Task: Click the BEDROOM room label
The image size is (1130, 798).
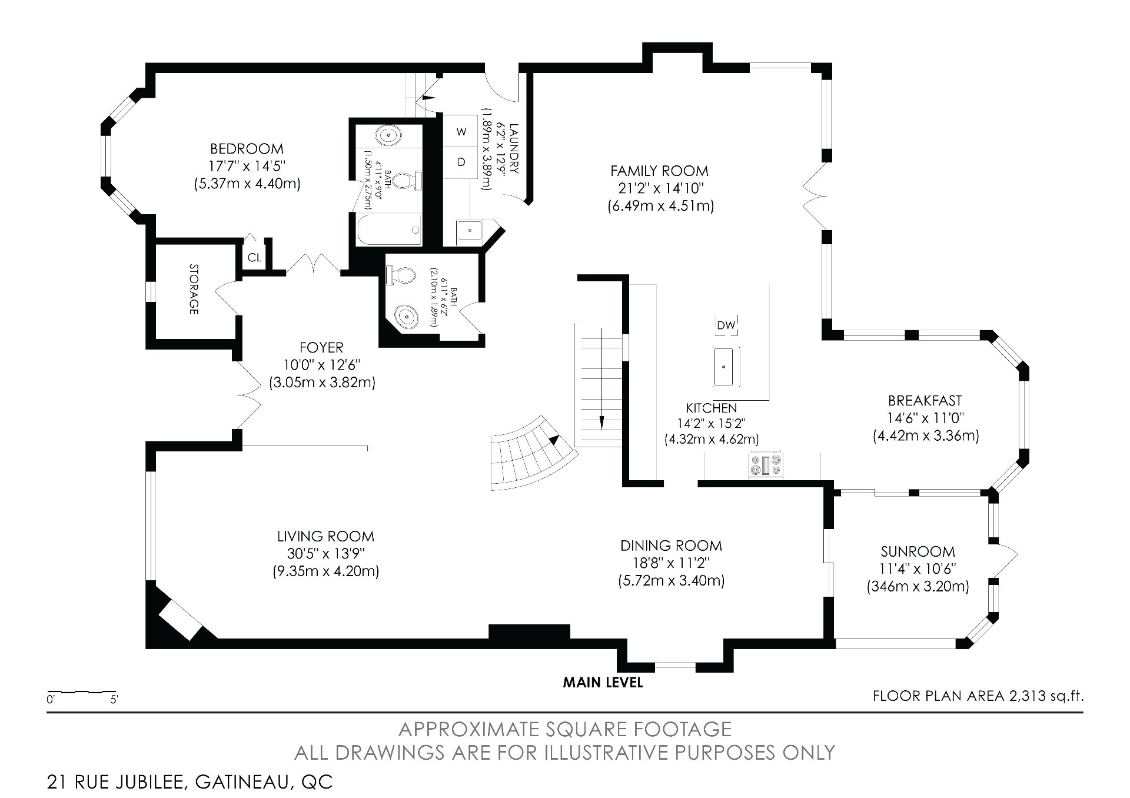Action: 247,149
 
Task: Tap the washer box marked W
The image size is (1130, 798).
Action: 461,132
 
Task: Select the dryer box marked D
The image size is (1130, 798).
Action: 461,161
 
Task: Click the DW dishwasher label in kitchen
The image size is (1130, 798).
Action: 726,325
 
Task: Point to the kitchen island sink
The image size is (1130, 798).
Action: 726,366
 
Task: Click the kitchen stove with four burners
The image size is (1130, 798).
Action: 766,464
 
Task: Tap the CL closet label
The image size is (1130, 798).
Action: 254,257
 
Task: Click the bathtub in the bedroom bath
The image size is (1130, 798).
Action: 388,230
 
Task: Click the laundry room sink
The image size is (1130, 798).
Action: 469,230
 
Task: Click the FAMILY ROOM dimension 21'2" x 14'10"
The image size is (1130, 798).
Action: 659,188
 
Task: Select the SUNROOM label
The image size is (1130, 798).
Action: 918,551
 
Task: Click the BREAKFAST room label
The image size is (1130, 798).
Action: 925,401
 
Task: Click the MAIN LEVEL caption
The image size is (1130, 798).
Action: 603,683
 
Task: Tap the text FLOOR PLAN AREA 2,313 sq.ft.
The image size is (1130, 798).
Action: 978,696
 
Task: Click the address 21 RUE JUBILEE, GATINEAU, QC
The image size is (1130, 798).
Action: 190,782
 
